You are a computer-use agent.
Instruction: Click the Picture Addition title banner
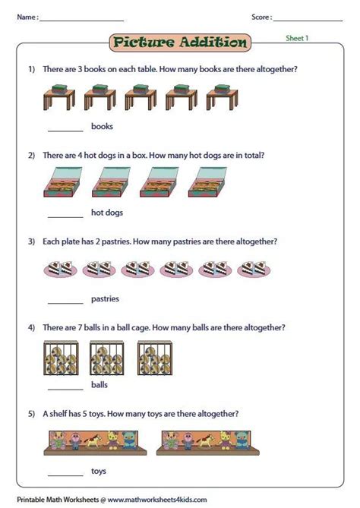[x=180, y=43]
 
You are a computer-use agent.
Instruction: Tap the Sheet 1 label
[x=297, y=38]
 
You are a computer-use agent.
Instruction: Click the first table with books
[x=59, y=97]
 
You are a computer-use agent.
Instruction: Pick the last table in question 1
[x=223, y=97]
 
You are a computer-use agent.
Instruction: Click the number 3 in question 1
[x=80, y=69]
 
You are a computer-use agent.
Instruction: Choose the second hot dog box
[x=111, y=182]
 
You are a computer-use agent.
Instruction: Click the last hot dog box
[x=207, y=182]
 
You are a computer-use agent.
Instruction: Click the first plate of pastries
[x=60, y=269]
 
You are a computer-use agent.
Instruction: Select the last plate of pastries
[x=254, y=269]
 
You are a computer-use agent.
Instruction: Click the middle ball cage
[x=106, y=358]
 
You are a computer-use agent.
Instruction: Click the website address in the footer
[x=157, y=500]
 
